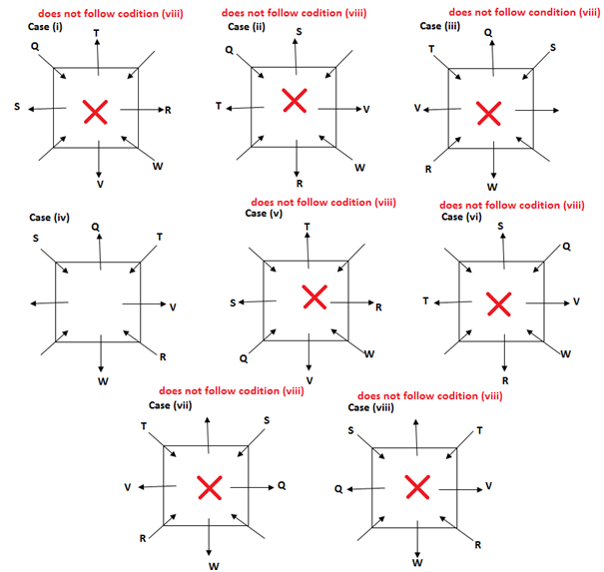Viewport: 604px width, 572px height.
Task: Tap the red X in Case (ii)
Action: (293, 100)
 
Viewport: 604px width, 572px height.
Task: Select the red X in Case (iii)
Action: (488, 114)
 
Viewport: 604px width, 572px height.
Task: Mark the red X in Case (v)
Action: (314, 297)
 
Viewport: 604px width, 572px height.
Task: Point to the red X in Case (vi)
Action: (497, 301)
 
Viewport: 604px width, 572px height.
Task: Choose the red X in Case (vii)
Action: (209, 487)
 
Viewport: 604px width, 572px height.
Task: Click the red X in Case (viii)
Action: (416, 486)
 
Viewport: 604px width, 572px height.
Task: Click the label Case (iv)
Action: (48, 217)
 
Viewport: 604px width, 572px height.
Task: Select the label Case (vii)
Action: (170, 405)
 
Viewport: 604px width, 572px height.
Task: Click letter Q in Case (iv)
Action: (95, 226)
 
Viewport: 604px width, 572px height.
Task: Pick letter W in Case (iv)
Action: (103, 380)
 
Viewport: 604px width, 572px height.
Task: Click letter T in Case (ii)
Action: (219, 106)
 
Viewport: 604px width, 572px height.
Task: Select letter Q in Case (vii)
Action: (282, 485)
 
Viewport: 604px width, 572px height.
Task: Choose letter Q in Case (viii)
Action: (338, 489)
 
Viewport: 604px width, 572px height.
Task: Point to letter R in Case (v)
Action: (378, 307)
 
